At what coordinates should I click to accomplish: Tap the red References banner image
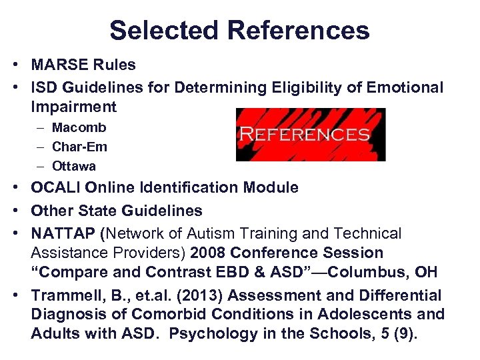(311, 134)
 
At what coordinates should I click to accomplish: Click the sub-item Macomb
(79, 127)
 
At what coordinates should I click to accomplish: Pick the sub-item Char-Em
(79, 146)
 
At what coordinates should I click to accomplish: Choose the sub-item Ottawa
(74, 165)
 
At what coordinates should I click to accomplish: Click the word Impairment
(73, 107)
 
